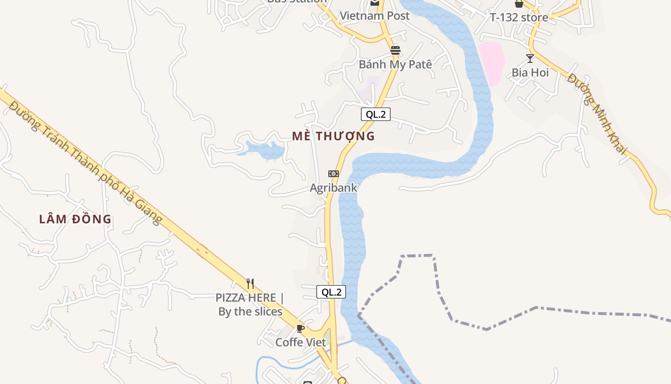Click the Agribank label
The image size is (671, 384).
tap(334, 187)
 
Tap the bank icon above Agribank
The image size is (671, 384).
tap(334, 173)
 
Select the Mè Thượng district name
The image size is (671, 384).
tap(334, 136)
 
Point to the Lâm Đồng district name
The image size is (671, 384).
tap(75, 219)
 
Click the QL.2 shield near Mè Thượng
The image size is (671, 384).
tap(376, 114)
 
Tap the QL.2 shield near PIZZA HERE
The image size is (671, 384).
tap(331, 292)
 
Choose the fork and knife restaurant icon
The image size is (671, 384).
tap(250, 283)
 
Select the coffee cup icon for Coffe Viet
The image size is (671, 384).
tap(301, 328)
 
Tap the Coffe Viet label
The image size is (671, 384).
tap(301, 342)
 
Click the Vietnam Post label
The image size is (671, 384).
tap(375, 16)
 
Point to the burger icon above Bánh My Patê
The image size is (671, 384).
tap(395, 50)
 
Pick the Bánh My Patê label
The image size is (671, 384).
tap(395, 64)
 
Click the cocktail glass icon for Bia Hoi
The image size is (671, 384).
tap(530, 59)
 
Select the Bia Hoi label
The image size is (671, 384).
tap(530, 72)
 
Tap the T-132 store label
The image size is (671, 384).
tap(519, 18)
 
